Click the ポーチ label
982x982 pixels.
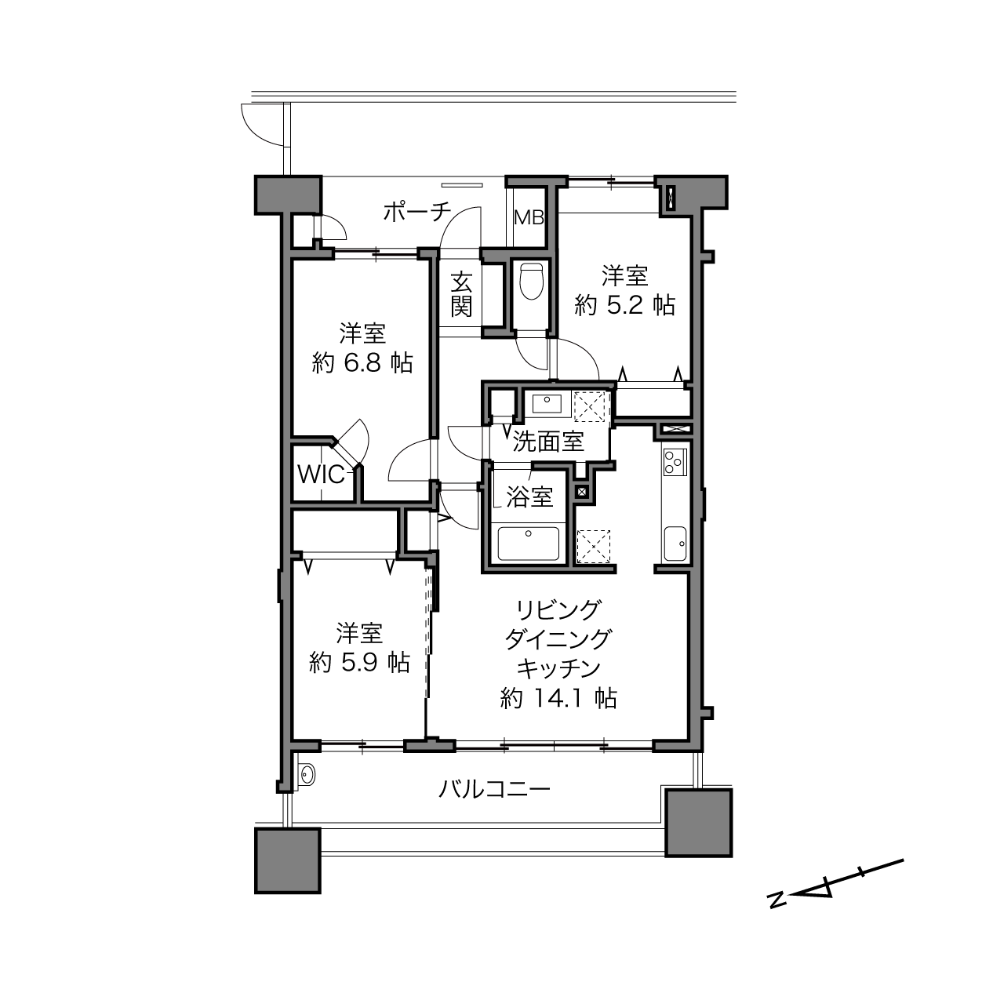point(417,212)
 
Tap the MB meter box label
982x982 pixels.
point(529,217)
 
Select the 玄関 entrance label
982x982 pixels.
point(461,294)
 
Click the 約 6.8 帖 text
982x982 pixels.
point(362,362)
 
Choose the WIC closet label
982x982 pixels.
point(320,475)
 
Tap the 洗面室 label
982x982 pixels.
point(548,442)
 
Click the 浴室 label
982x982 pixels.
point(529,496)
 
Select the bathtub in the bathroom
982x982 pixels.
point(528,544)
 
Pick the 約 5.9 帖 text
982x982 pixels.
point(360,663)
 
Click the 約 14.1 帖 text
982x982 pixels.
point(558,697)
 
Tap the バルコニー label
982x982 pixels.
point(494,788)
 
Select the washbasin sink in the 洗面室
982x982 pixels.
point(547,404)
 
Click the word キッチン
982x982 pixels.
point(558,668)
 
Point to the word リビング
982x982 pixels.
point(558,609)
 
